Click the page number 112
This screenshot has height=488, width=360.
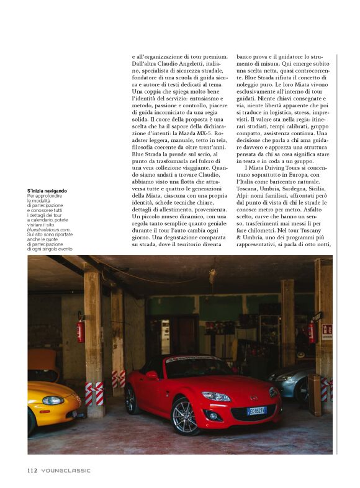click(33, 471)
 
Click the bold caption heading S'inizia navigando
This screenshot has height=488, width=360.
click(47, 190)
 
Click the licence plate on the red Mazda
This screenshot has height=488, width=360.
click(256, 410)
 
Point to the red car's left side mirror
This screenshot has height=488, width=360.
click(151, 375)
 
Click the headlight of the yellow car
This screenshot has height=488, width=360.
click(53, 400)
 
